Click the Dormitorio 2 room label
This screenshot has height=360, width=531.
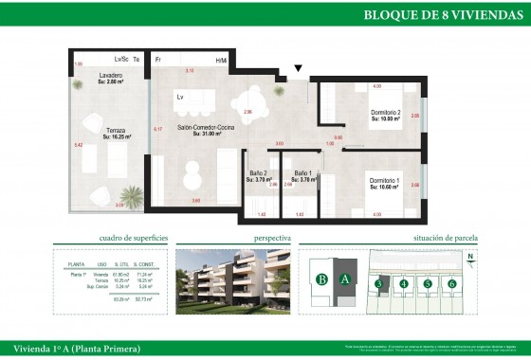click(x=387, y=115)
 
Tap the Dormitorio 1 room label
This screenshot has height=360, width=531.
click(x=384, y=182)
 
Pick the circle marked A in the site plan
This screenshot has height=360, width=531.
click(x=345, y=279)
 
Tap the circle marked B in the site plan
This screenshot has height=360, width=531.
click(x=322, y=279)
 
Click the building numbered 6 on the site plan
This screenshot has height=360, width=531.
click(x=452, y=283)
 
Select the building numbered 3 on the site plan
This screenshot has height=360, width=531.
click(x=378, y=283)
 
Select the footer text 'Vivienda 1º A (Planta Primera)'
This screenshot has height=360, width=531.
click(x=72, y=349)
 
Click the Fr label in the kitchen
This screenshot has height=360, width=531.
click(x=158, y=60)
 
